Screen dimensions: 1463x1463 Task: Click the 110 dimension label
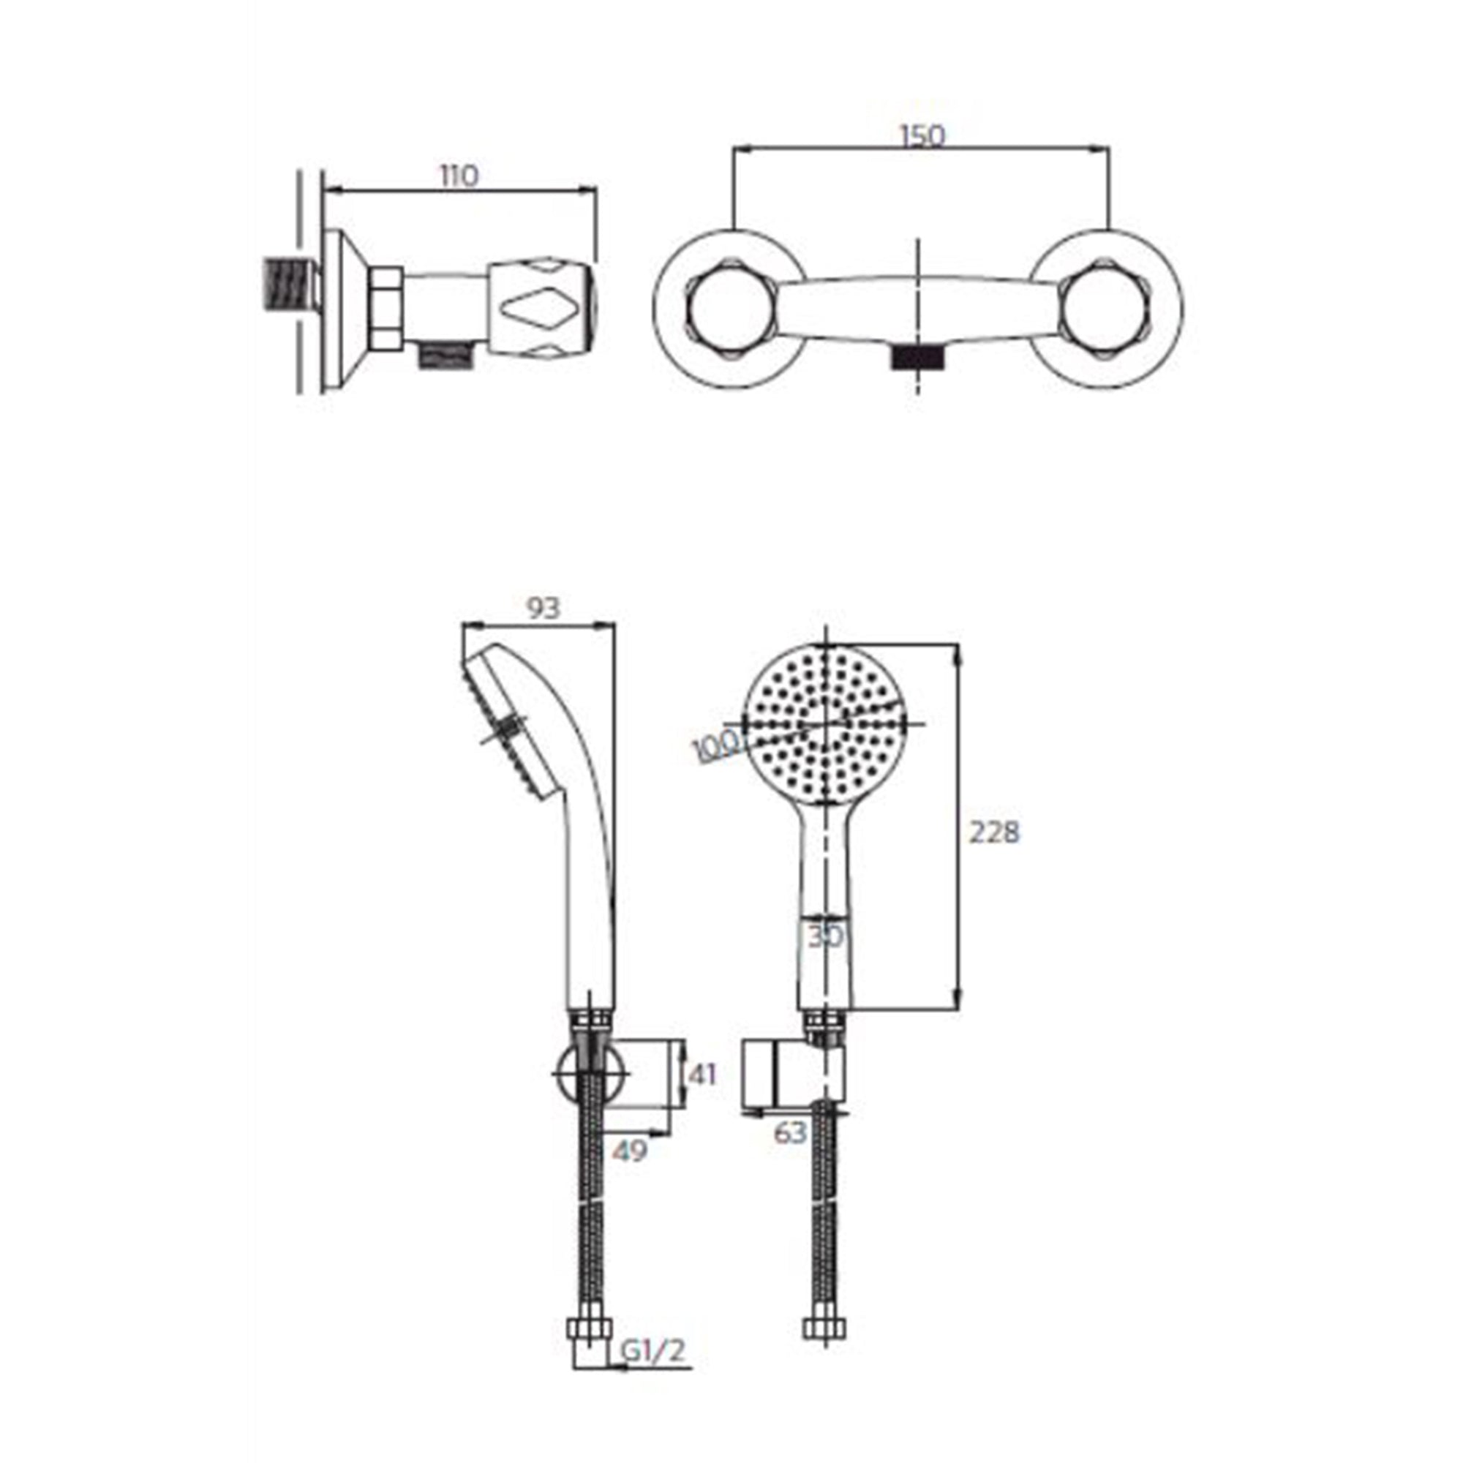click(x=459, y=176)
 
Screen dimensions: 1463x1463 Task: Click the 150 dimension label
click(x=922, y=136)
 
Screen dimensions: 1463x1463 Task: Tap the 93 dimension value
click(x=543, y=608)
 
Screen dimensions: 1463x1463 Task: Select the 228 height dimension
click(x=995, y=833)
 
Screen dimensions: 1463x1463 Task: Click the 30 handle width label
click(x=825, y=937)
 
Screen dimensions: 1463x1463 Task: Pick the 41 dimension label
click(x=703, y=1075)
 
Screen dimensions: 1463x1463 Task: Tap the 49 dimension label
click(x=630, y=1151)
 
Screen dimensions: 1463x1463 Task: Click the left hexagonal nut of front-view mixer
click(x=731, y=309)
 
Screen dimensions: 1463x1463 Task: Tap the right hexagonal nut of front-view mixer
click(x=1105, y=309)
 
